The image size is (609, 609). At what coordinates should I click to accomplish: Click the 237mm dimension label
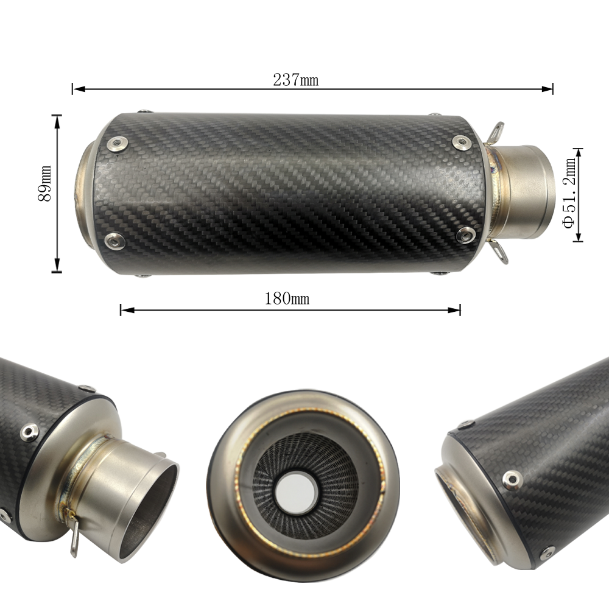[x=295, y=80]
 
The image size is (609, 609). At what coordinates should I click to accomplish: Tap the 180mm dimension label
[x=287, y=298]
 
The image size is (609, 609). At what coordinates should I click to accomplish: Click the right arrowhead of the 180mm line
[x=454, y=310]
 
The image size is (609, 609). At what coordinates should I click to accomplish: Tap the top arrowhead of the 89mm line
[x=57, y=122]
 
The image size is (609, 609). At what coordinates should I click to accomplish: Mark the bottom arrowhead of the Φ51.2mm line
[x=578, y=235]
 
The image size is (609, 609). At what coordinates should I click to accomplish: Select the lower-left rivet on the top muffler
[x=115, y=240]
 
